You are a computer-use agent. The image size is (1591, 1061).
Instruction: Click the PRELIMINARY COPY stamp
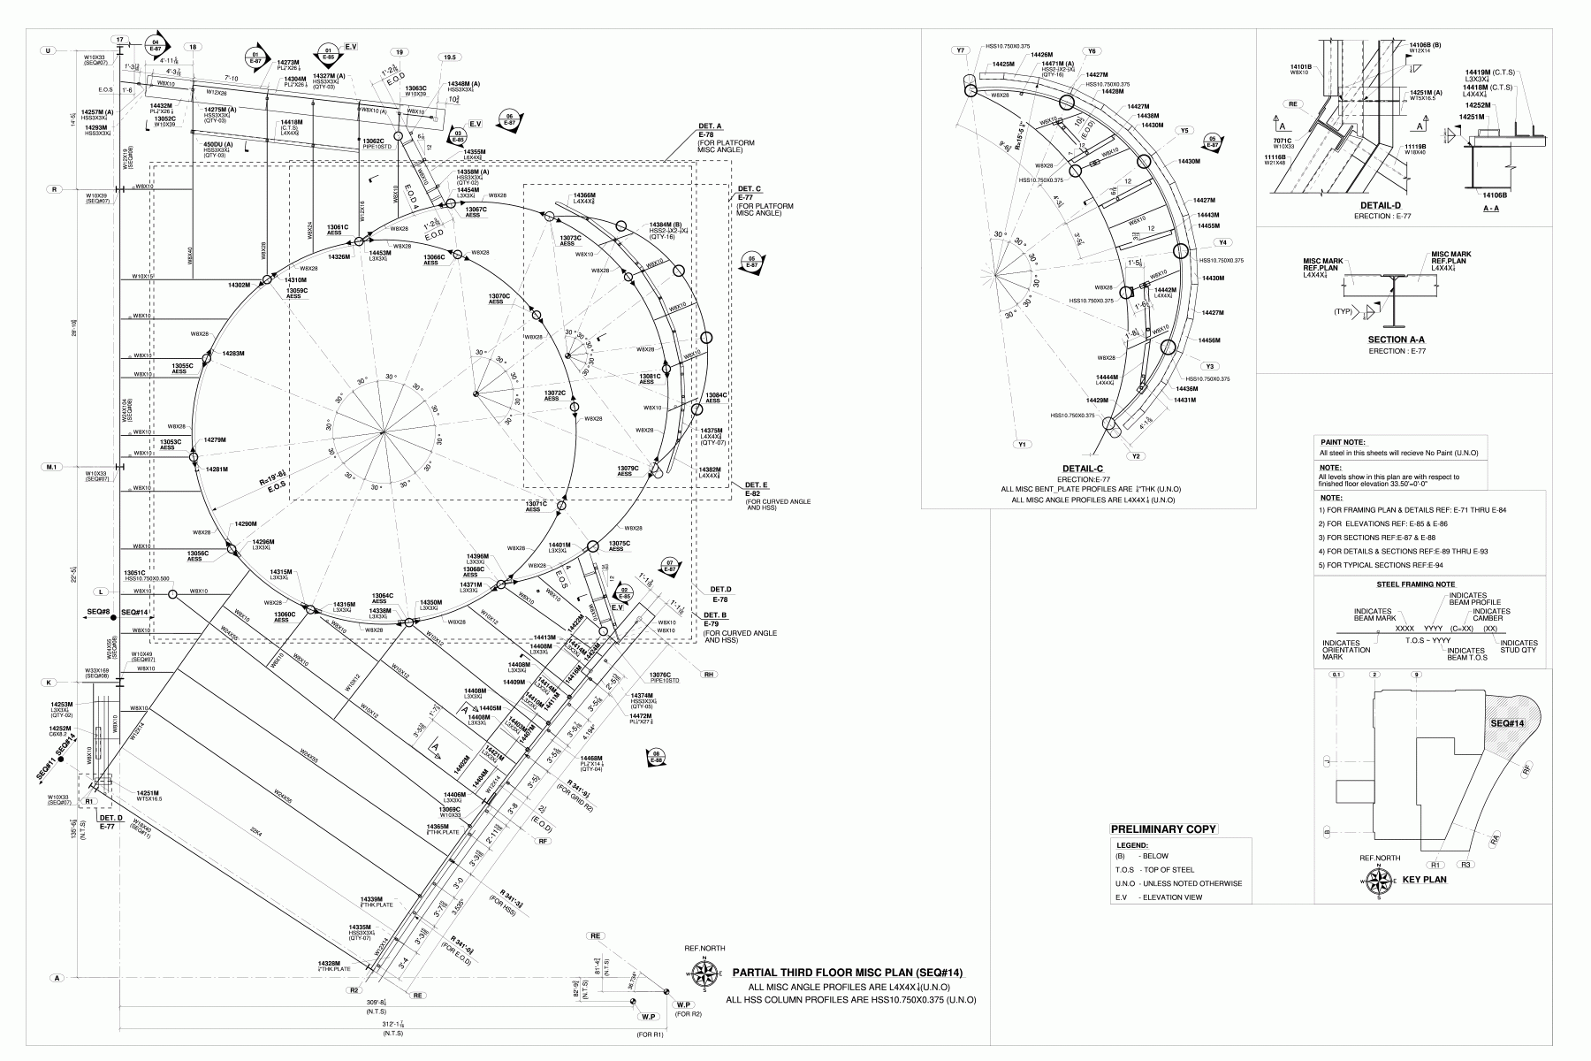click(1163, 829)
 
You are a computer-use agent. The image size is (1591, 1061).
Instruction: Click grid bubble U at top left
click(48, 51)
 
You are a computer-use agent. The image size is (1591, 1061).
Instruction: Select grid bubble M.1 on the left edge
click(52, 466)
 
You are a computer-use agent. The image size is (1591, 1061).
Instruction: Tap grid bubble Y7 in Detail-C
click(961, 50)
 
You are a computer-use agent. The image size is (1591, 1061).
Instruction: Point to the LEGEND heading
click(1133, 844)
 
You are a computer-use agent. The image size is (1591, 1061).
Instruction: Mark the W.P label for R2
click(682, 1005)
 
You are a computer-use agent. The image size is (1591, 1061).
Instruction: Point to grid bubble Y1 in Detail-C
click(1022, 445)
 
